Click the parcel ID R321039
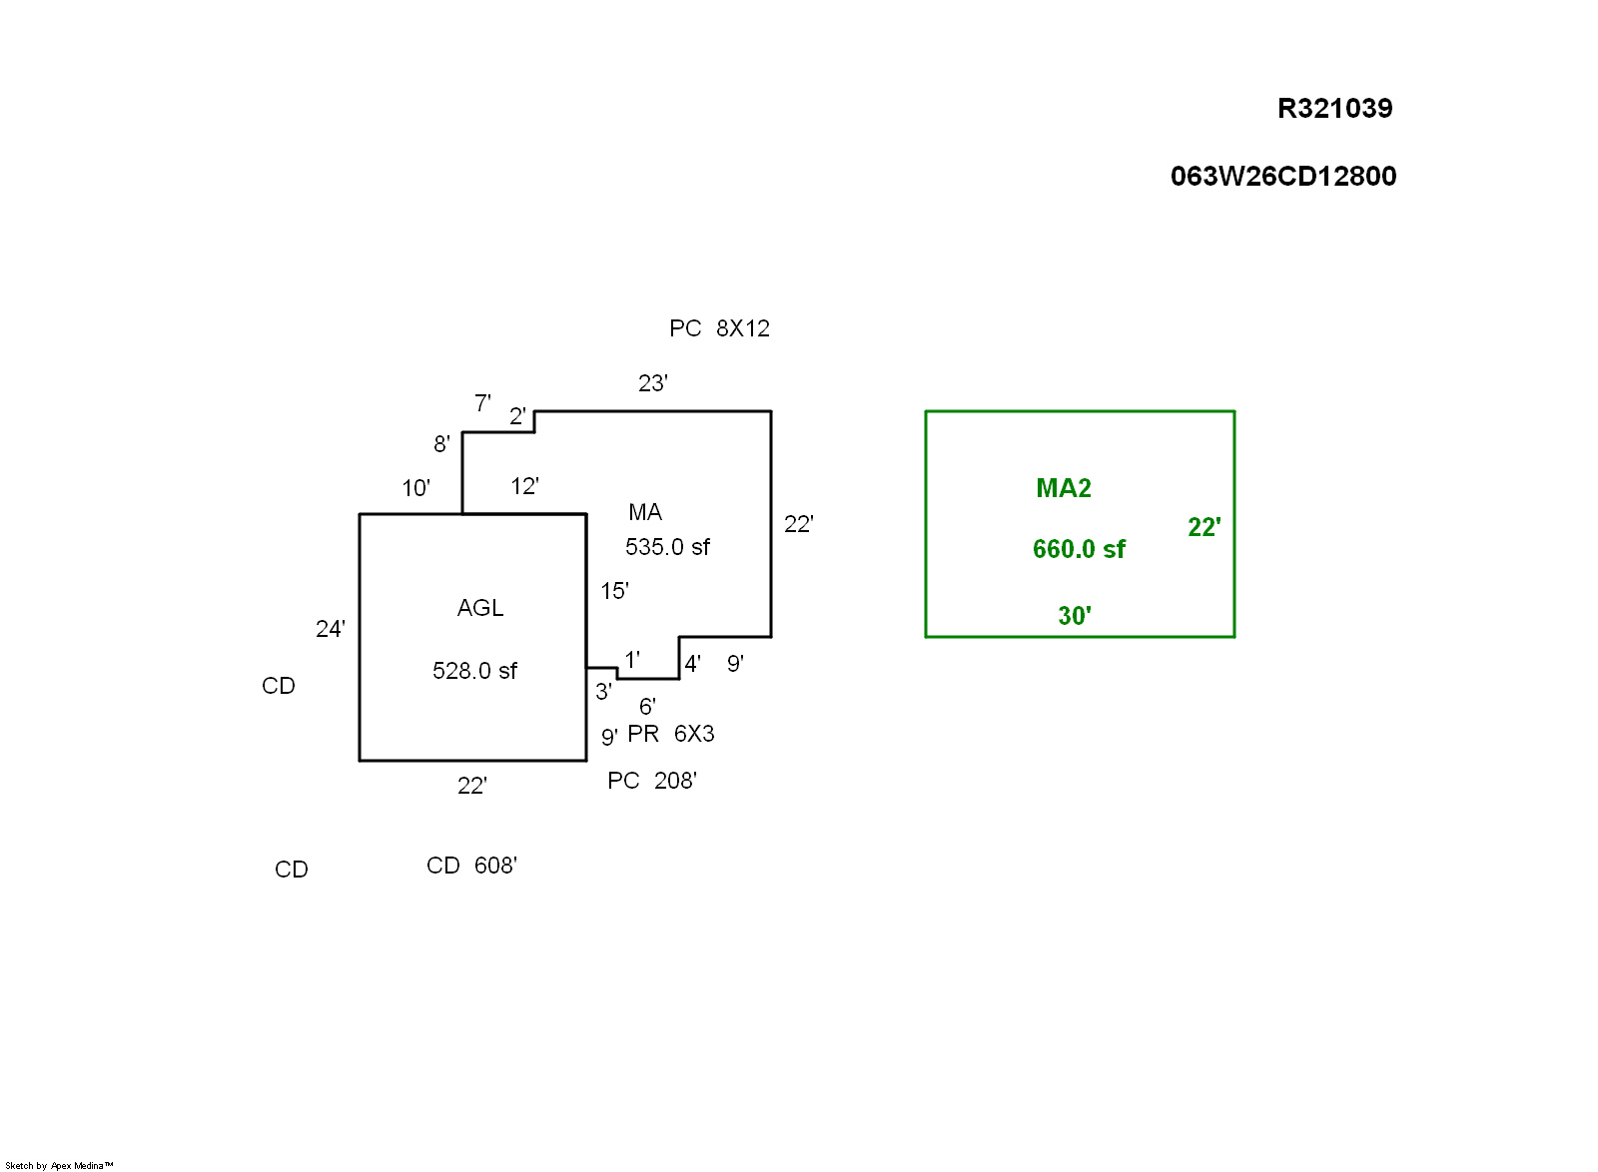coord(1334,108)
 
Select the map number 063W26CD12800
coord(1282,177)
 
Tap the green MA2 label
coord(1063,488)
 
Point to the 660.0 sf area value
coord(1079,549)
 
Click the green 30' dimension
coord(1074,616)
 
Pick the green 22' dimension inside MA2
coord(1203,527)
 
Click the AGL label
coord(479,608)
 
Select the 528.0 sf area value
coord(474,671)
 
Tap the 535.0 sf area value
coord(667,547)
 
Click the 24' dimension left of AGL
coord(330,629)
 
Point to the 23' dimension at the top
coord(652,383)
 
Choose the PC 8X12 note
coord(719,328)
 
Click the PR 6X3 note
coord(670,734)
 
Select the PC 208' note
coord(651,781)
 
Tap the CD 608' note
coord(471,866)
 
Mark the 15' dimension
coord(614,591)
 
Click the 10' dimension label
coord(415,488)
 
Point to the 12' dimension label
coord(524,486)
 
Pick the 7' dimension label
coord(482,403)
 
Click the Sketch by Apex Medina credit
coord(59,1165)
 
